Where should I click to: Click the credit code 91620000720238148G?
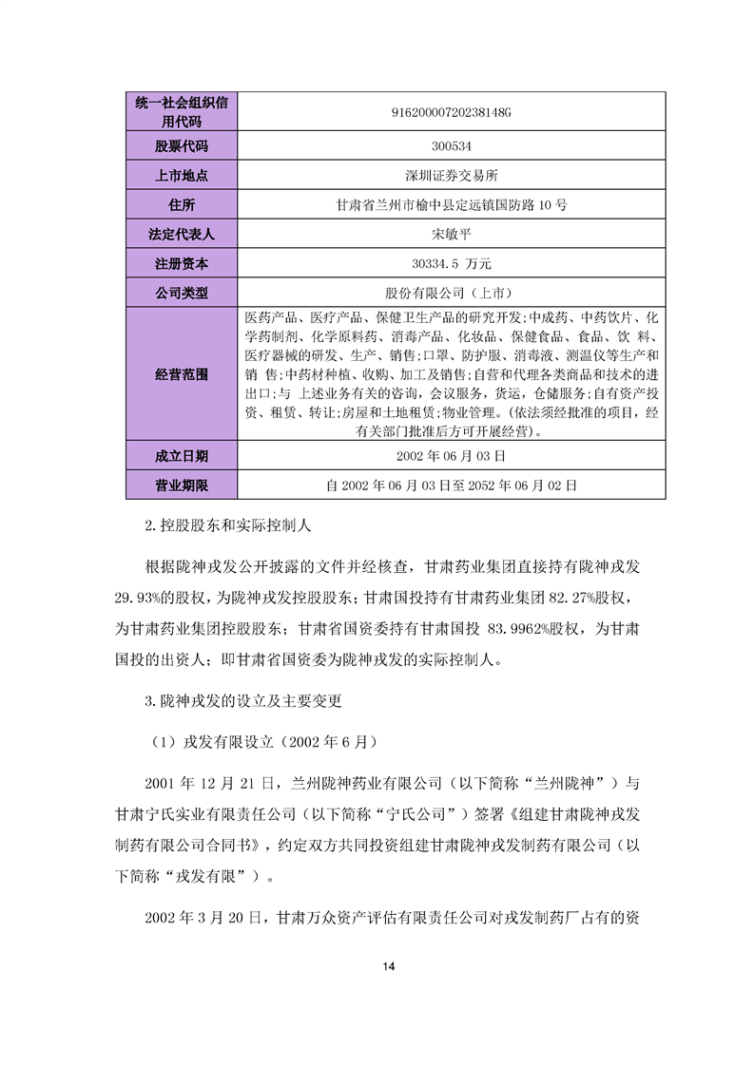(x=451, y=112)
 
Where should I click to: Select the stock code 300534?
(x=451, y=146)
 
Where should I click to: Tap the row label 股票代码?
(x=181, y=146)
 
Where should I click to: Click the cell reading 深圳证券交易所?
(x=451, y=176)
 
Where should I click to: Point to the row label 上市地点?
(x=181, y=176)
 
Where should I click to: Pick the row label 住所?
(x=181, y=204)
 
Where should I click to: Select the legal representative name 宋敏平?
(x=451, y=234)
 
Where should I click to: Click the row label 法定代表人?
(x=181, y=234)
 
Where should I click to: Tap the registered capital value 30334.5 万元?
(x=451, y=263)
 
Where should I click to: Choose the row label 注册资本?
(x=181, y=263)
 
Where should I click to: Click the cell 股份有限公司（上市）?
(x=451, y=292)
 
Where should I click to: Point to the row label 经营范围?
(x=181, y=374)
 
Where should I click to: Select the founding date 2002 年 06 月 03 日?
(x=451, y=456)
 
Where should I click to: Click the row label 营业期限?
(x=181, y=485)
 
